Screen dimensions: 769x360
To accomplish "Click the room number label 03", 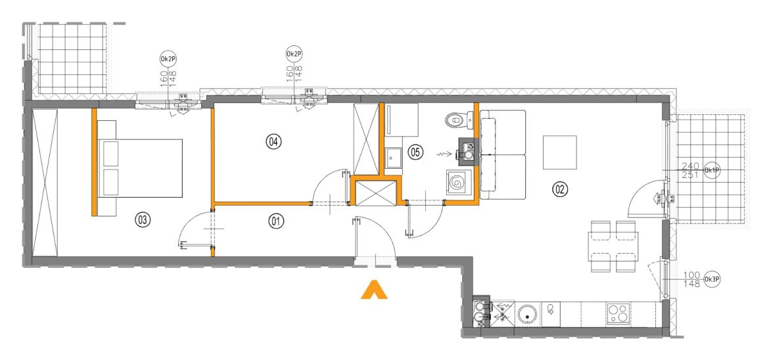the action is click(x=142, y=219).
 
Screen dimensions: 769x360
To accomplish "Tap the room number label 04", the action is click(x=273, y=142).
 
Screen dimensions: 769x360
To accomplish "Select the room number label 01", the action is click(x=276, y=221).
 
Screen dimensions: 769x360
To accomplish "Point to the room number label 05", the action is click(x=415, y=152).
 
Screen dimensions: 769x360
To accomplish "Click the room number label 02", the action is click(x=559, y=188).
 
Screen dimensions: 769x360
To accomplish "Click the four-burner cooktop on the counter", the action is click(x=618, y=315).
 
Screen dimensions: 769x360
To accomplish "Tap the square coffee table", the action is click(x=559, y=152).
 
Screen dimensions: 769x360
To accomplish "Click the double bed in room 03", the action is click(x=140, y=168).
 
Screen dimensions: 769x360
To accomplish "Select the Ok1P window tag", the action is click(x=711, y=170).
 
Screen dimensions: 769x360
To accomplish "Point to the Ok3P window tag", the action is click(x=711, y=280).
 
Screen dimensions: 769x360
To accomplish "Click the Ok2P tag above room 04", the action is click(x=294, y=53).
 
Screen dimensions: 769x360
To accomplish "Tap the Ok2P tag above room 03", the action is click(x=168, y=59).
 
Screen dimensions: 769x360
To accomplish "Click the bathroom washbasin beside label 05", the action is click(x=393, y=158).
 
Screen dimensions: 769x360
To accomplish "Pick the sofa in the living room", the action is click(x=503, y=155).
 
